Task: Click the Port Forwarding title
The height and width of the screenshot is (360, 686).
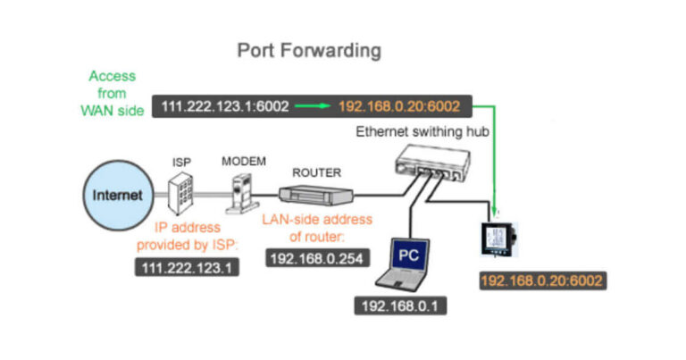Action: coord(308,50)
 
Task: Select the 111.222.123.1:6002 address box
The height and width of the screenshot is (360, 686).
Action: coord(224,106)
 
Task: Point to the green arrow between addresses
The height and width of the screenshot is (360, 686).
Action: coord(313,106)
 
